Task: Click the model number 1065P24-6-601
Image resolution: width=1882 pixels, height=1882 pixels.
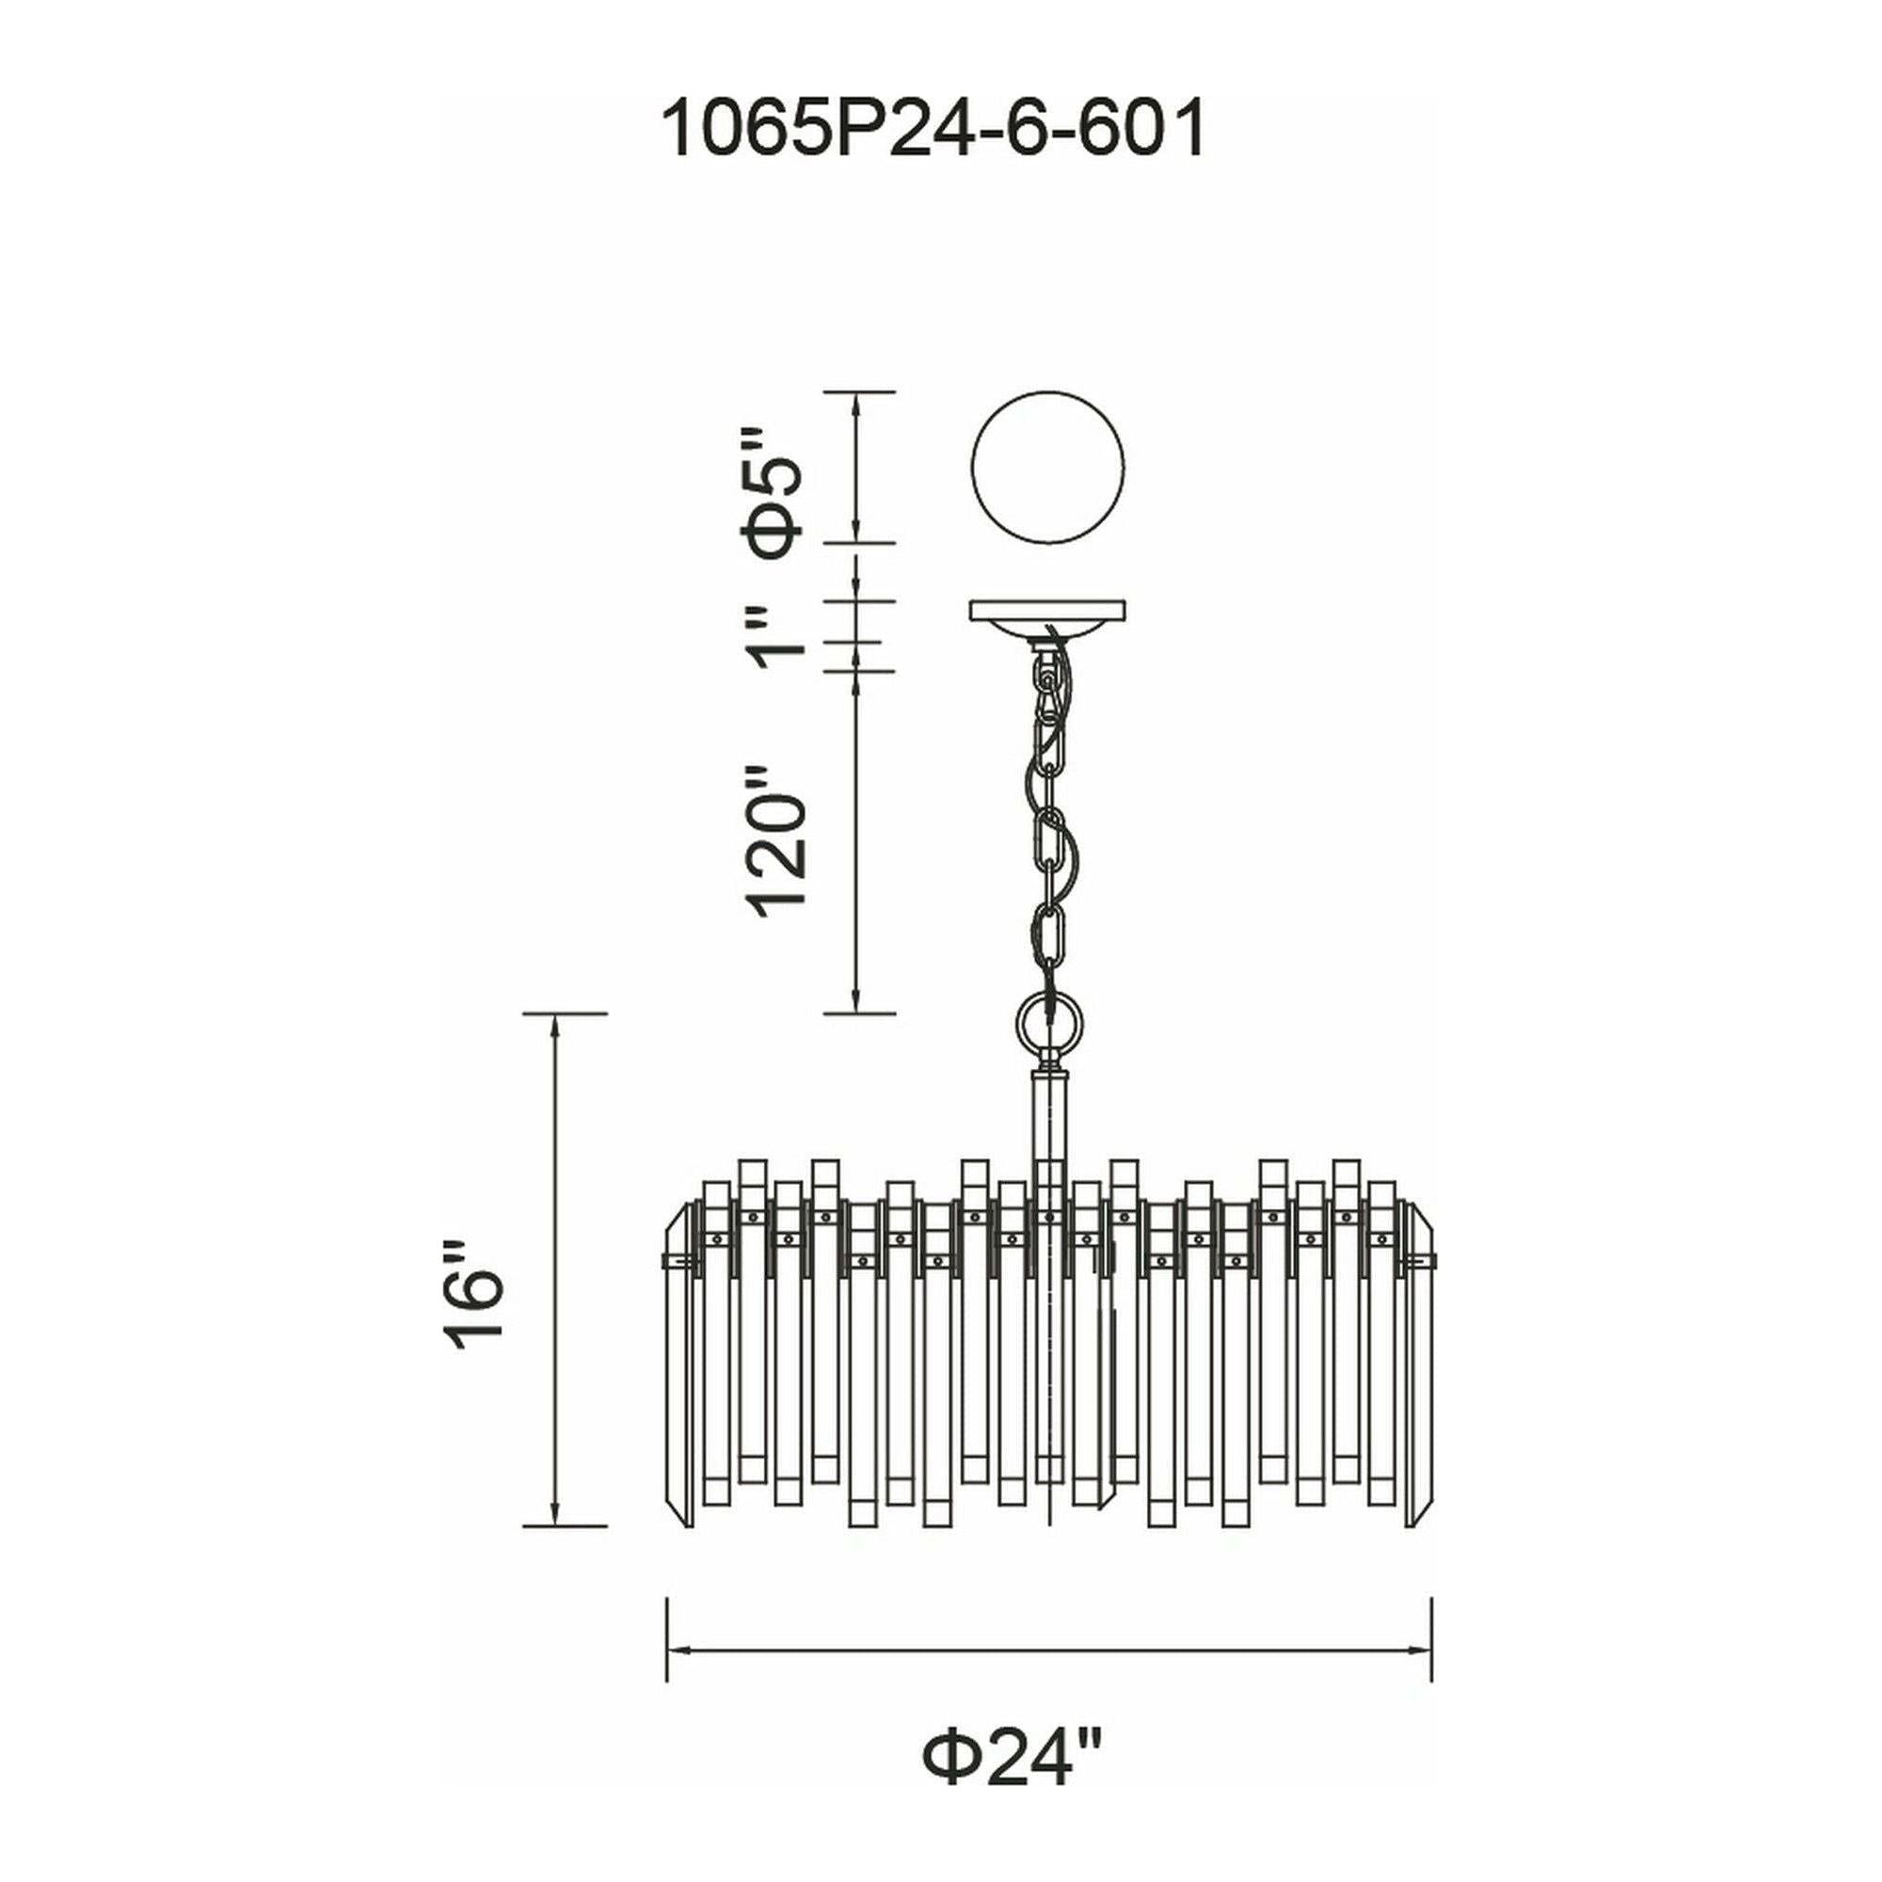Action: pyautogui.click(x=933, y=133)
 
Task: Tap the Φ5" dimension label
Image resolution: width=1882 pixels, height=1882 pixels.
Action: pyautogui.click(x=779, y=493)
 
